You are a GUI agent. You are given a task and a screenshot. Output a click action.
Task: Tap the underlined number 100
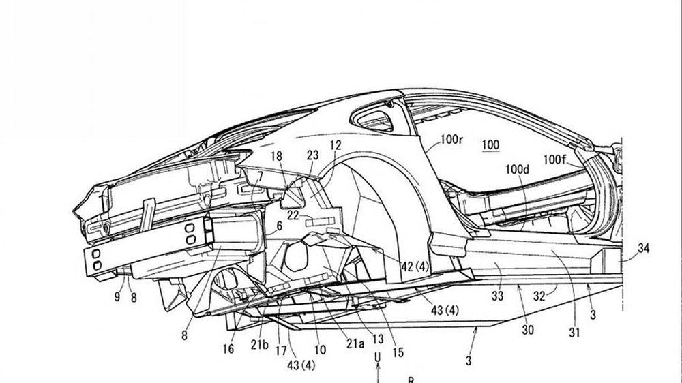tap(490, 144)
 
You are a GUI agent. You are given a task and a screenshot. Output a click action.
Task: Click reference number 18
tap(276, 157)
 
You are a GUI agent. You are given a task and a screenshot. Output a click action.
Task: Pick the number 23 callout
tap(312, 155)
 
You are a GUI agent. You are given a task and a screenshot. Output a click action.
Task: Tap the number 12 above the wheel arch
tap(335, 144)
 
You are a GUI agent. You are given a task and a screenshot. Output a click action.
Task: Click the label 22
tap(293, 216)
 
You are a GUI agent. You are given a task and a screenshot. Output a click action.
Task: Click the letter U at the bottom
tap(376, 356)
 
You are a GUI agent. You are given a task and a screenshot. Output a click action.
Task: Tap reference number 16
tap(228, 349)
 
